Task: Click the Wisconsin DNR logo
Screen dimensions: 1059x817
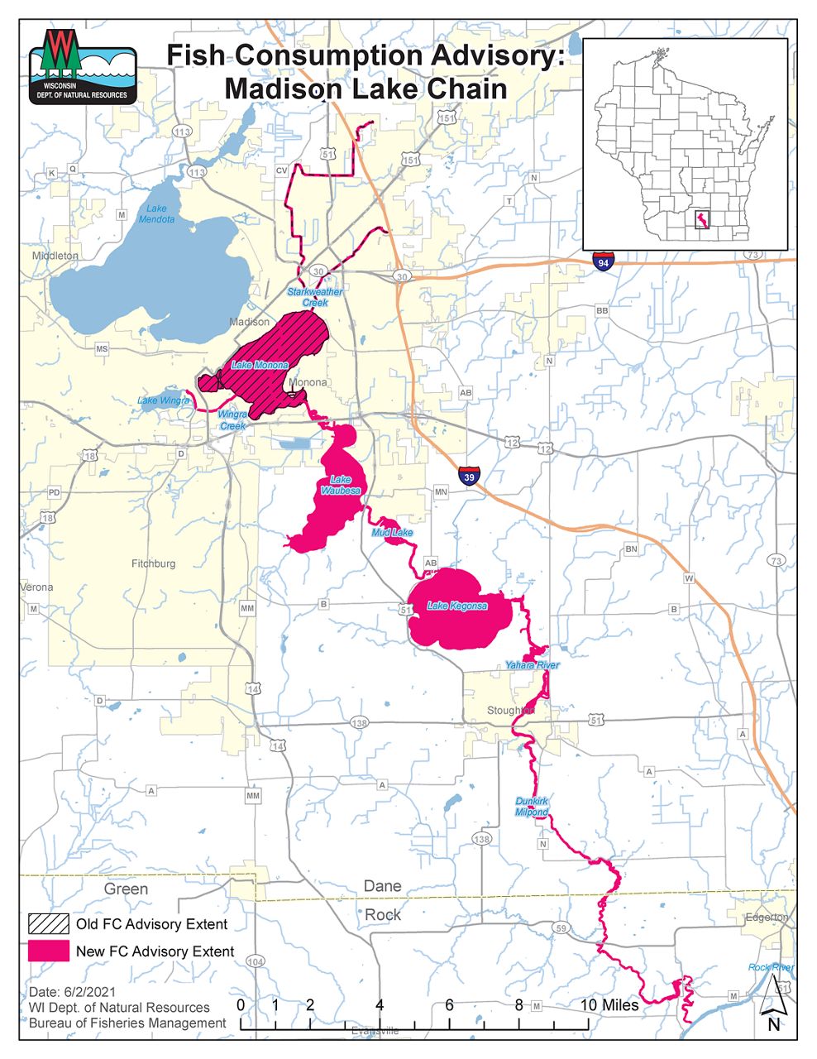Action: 83,67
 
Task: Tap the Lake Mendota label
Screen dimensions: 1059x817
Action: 156,213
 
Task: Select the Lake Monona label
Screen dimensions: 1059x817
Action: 260,365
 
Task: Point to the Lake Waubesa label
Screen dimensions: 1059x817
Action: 341,485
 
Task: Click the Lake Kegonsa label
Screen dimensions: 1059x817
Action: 457,606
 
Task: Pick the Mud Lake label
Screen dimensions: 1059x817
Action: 392,533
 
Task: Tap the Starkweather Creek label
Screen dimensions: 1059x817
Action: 314,297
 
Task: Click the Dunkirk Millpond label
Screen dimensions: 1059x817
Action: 532,807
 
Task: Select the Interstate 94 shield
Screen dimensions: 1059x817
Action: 604,261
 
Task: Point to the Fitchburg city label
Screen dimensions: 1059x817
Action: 153,563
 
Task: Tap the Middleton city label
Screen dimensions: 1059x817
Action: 55,256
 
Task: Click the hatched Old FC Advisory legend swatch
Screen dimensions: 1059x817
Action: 48,923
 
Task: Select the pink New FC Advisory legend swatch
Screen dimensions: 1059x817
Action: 48,951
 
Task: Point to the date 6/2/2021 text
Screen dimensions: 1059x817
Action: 73,991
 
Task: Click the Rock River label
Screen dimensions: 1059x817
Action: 771,967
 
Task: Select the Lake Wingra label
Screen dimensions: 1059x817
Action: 163,400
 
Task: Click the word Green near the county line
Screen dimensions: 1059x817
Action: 126,889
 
